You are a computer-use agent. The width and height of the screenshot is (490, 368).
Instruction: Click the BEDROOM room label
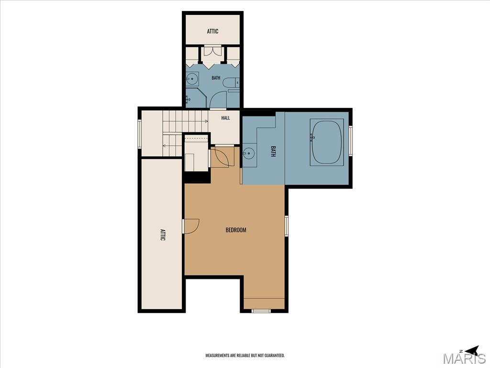[236, 230]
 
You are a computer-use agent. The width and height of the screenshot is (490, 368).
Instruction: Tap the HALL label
[226, 118]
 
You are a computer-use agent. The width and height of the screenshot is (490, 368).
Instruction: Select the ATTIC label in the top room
[213, 31]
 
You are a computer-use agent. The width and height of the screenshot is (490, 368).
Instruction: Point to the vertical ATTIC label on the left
[163, 235]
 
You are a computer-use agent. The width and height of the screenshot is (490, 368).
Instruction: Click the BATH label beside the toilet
[216, 78]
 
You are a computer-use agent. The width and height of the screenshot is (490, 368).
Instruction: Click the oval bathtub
[326, 142]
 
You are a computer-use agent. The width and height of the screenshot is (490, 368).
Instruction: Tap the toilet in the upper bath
[231, 82]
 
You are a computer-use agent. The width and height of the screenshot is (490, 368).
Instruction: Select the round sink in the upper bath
[192, 78]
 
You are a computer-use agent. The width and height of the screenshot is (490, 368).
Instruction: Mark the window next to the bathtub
[351, 140]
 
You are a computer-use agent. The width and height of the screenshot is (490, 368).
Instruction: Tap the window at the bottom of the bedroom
[261, 311]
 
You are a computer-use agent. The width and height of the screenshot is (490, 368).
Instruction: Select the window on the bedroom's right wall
[286, 226]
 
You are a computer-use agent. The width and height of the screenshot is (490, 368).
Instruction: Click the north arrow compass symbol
[471, 350]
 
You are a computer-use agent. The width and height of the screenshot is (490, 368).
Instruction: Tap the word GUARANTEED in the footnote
[276, 356]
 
